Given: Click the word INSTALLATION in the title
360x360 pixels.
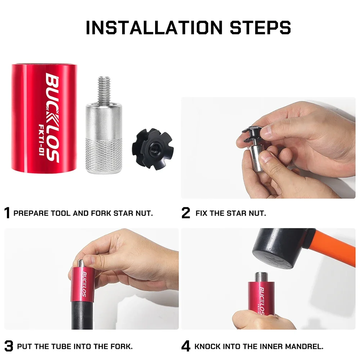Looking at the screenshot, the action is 154,28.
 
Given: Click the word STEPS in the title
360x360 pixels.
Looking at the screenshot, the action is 260,28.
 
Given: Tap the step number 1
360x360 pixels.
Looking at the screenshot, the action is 7,213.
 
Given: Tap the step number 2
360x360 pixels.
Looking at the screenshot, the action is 186,213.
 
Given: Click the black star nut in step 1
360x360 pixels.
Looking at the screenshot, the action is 153,150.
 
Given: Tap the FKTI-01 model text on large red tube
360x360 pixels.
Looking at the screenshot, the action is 41,140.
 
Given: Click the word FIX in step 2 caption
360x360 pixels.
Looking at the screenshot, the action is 201,213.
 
